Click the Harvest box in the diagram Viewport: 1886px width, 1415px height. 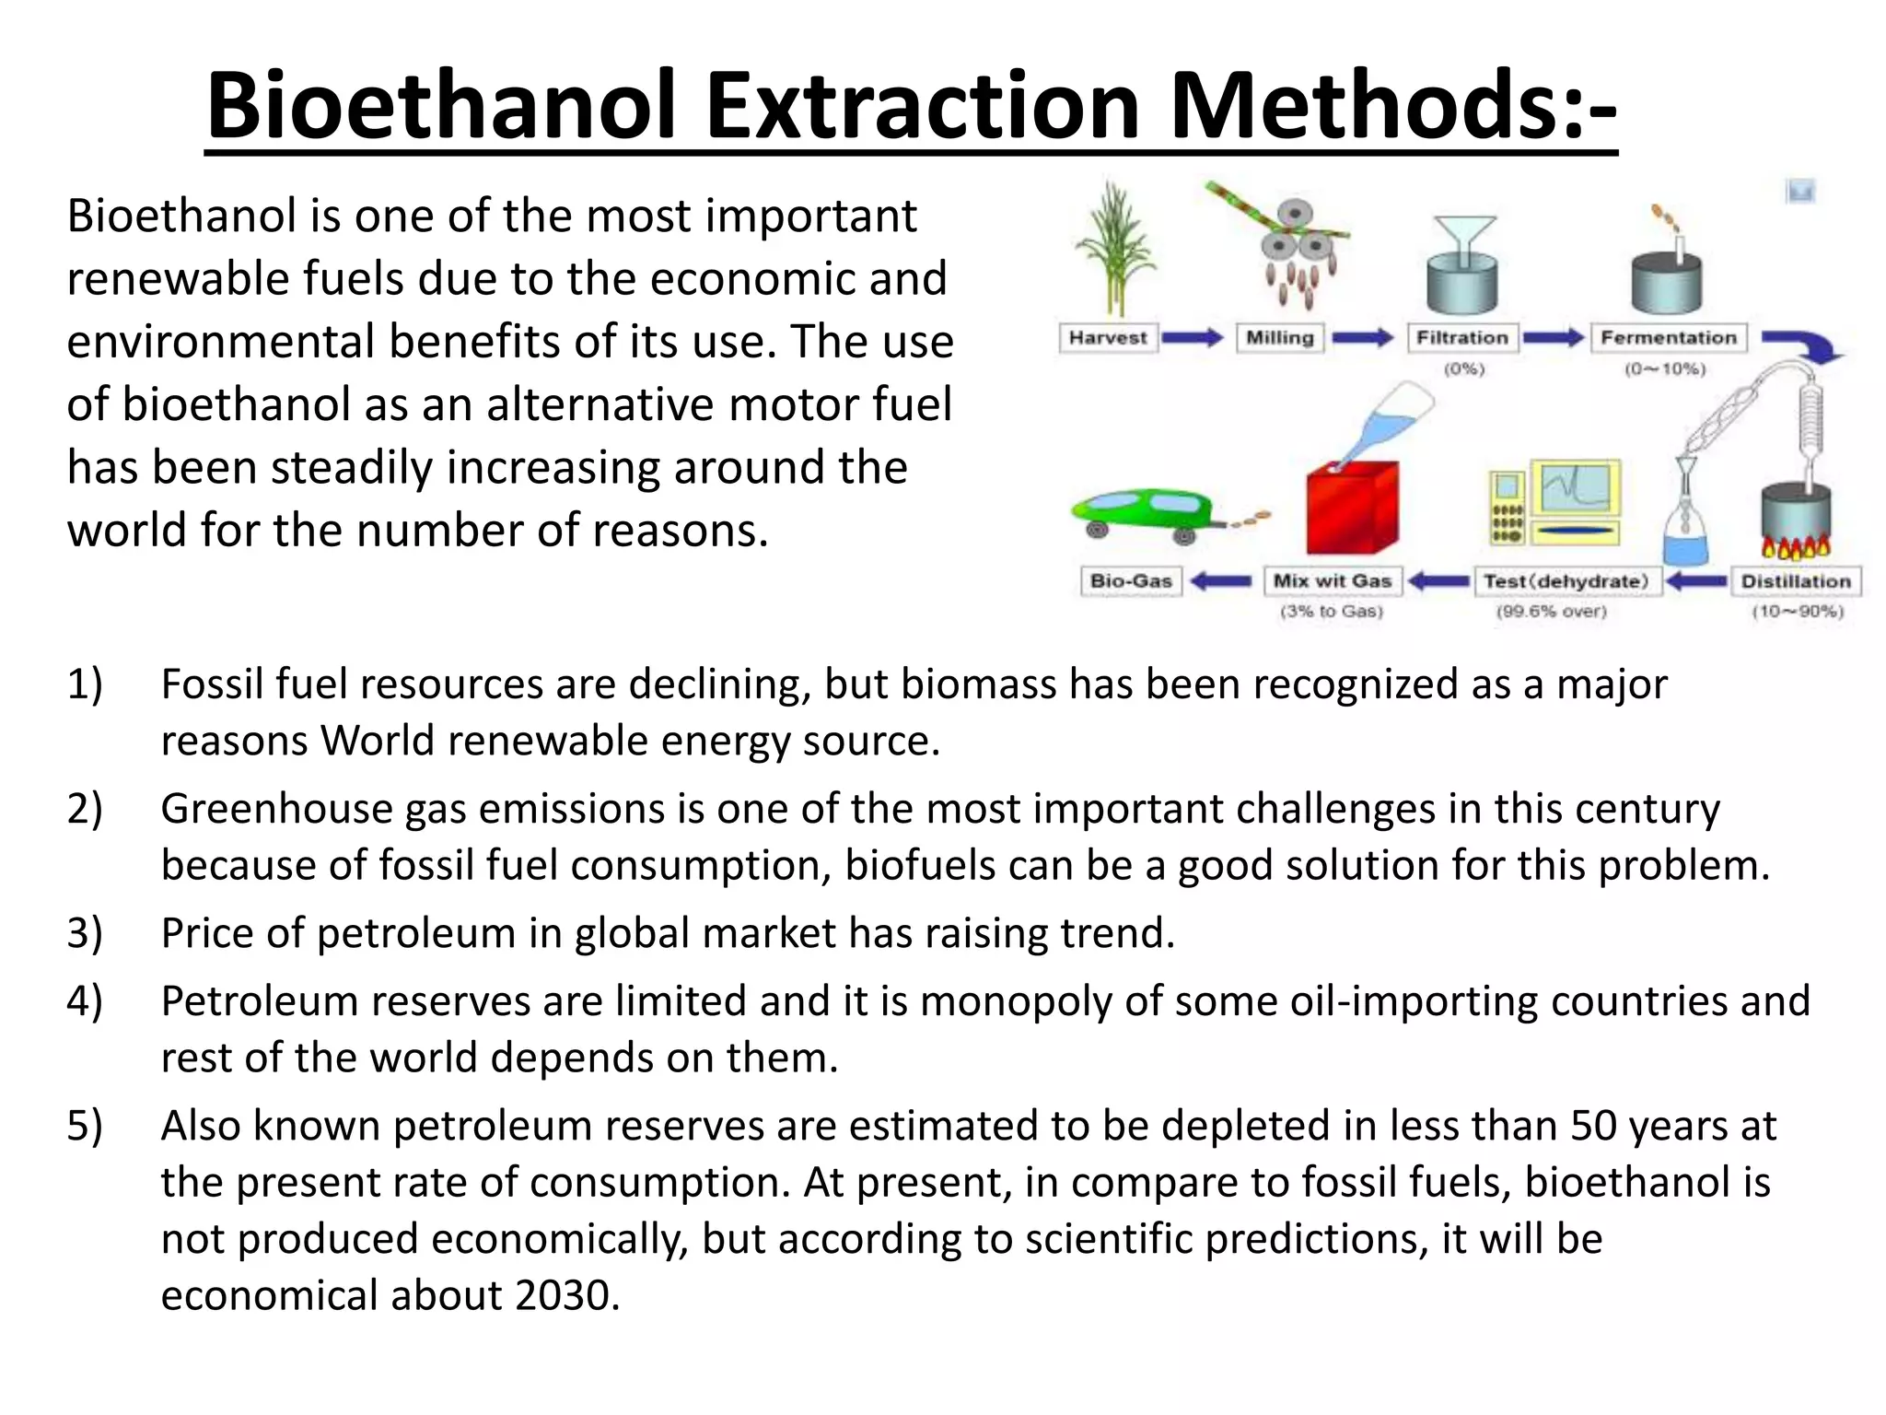coord(1108,338)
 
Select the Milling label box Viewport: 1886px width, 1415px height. coord(1279,338)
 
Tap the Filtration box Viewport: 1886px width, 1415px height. coord(1462,338)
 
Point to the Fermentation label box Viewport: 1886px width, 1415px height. coord(1668,338)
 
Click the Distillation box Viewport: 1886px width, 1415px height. coord(1796,581)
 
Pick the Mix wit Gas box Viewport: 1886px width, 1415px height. coord(1332,581)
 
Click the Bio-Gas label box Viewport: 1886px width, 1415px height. coord(1131,581)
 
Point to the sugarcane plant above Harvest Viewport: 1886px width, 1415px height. coord(1115,249)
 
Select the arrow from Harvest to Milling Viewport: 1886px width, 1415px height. coord(1193,338)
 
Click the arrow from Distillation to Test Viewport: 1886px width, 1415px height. coord(1697,581)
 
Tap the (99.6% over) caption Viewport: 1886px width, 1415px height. coord(1551,612)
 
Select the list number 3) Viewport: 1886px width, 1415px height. coord(85,933)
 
